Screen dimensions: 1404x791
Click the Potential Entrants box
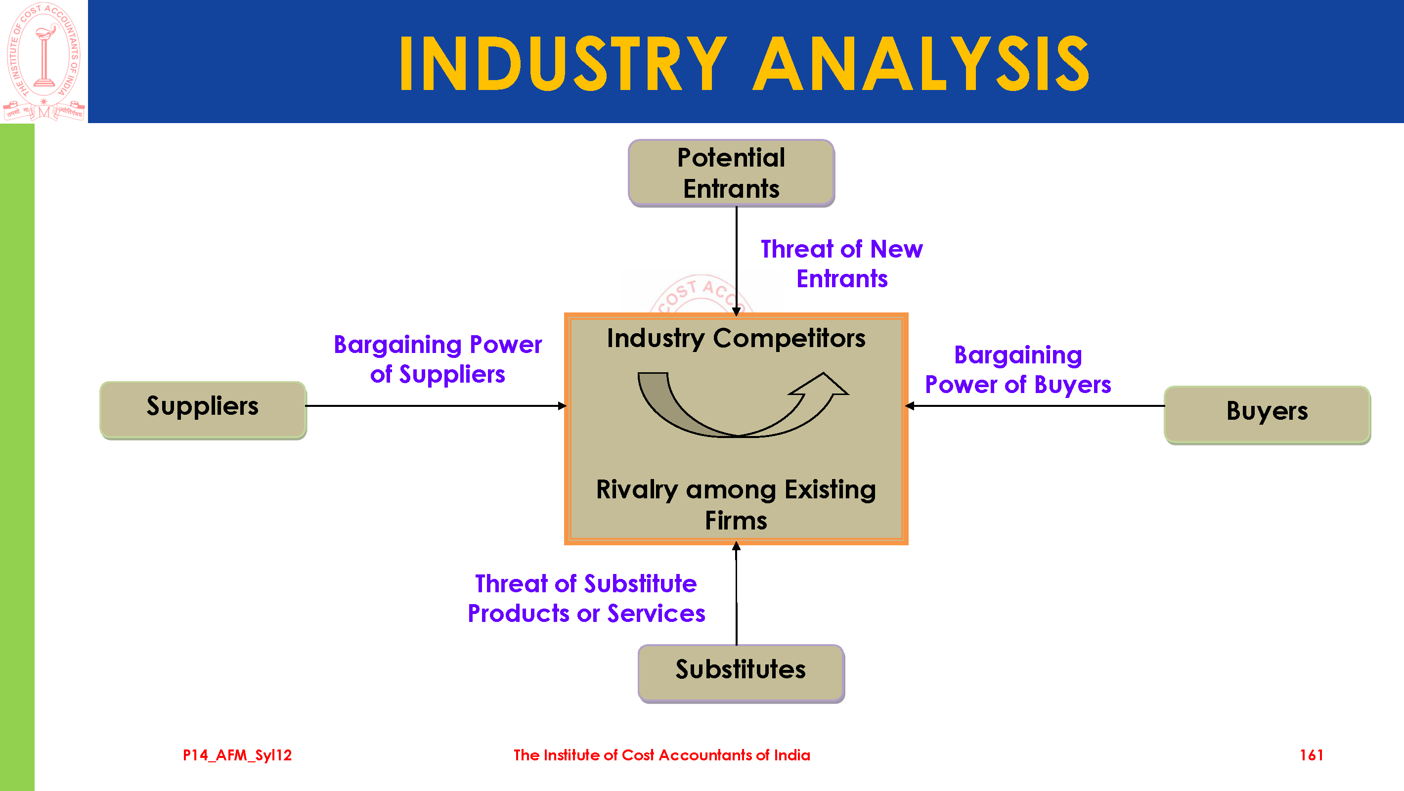pyautogui.click(x=732, y=173)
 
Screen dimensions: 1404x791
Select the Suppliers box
pyautogui.click(x=203, y=410)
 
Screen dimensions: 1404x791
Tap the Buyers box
pyautogui.click(x=1267, y=415)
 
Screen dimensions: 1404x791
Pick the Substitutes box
pyautogui.click(x=741, y=674)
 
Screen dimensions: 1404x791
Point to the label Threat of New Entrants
pyautogui.click(x=842, y=264)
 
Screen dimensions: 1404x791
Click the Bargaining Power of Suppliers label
pyautogui.click(x=438, y=359)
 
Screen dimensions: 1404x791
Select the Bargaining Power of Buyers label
pyautogui.click(x=1018, y=370)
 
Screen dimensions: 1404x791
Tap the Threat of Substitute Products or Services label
pyautogui.click(x=586, y=599)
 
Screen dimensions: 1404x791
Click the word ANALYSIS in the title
pyautogui.click(x=921, y=63)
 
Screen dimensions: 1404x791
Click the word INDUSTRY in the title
pyautogui.click(x=563, y=63)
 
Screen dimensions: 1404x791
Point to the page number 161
pyautogui.click(x=1312, y=755)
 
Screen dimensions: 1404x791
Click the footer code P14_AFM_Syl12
pyautogui.click(x=237, y=755)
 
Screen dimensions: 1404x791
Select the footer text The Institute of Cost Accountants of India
pyautogui.click(x=661, y=755)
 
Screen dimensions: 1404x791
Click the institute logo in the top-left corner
pyautogui.click(x=44, y=61)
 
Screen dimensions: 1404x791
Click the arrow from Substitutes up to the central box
pyautogui.click(x=736, y=594)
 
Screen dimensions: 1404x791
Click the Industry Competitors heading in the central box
pyautogui.click(x=736, y=339)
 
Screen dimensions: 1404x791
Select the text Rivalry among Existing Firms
pyautogui.click(x=736, y=505)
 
